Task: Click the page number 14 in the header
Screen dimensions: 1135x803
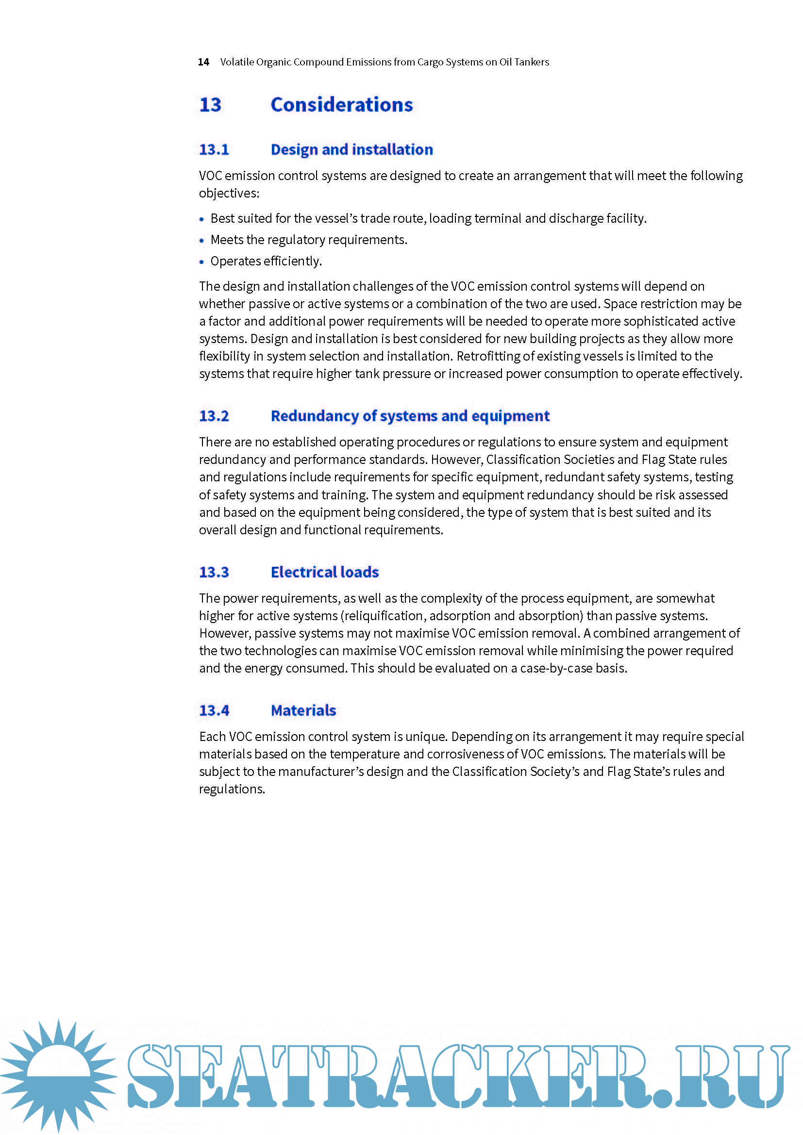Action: pyautogui.click(x=203, y=62)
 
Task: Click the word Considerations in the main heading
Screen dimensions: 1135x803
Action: pyautogui.click(x=341, y=105)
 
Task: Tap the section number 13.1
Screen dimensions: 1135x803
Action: pyautogui.click(x=214, y=149)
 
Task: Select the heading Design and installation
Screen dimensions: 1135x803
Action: pyautogui.click(x=351, y=149)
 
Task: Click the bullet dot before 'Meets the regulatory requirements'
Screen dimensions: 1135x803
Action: pyautogui.click(x=201, y=241)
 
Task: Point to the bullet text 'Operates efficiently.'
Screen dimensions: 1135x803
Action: pyautogui.click(x=266, y=261)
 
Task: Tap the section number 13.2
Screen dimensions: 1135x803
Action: pyautogui.click(x=214, y=416)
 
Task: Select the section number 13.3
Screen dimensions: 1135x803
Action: pyautogui.click(x=214, y=572)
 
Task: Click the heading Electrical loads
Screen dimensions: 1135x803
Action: pyautogui.click(x=324, y=572)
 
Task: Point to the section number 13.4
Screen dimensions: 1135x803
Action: pyautogui.click(x=214, y=710)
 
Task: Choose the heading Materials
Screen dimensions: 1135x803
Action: pyautogui.click(x=303, y=710)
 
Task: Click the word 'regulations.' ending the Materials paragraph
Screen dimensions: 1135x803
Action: pyautogui.click(x=232, y=789)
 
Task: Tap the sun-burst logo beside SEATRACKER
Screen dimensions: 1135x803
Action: pyautogui.click(x=58, y=1075)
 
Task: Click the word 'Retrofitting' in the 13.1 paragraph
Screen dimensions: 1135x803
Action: pyautogui.click(x=487, y=357)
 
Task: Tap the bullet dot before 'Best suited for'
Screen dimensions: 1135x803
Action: pyautogui.click(x=201, y=219)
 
